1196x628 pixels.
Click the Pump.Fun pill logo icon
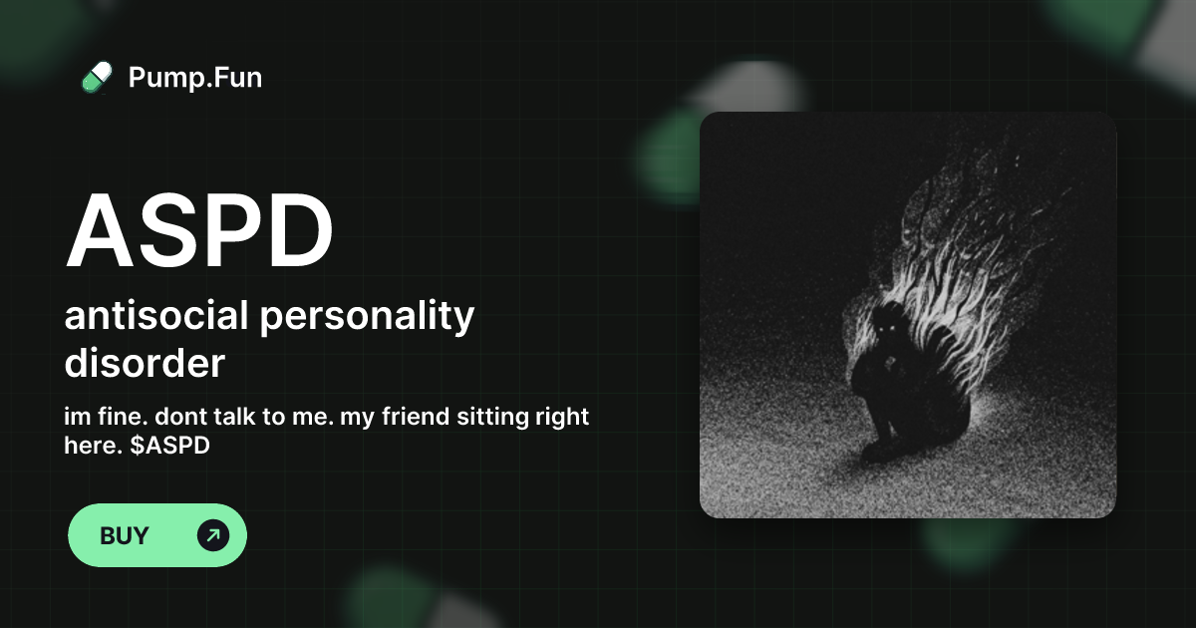pyautogui.click(x=96, y=77)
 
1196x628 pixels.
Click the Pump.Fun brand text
pyautogui.click(x=195, y=77)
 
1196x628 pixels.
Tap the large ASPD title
pyautogui.click(x=199, y=231)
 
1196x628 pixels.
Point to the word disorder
pyautogui.click(x=145, y=363)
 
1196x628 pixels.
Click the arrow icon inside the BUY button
pyautogui.click(x=212, y=535)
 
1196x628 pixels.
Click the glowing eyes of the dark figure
pyautogui.click(x=884, y=327)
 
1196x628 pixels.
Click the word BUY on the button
pyautogui.click(x=125, y=535)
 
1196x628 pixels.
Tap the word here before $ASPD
pyautogui.click(x=87, y=446)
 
